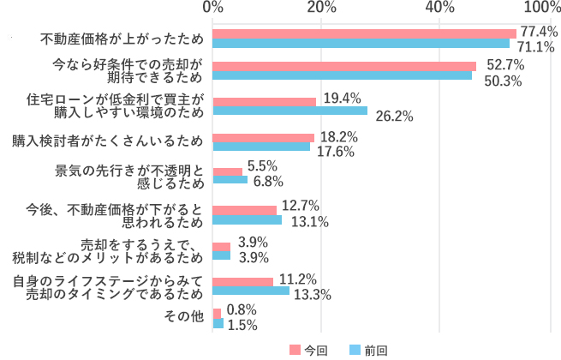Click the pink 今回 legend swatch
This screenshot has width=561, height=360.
pos(295,350)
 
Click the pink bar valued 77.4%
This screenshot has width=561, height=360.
pos(364,33)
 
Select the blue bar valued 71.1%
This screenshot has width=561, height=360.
pos(361,43)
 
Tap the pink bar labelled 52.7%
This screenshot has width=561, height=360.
pos(344,66)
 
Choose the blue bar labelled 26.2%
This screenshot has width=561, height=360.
pos(289,111)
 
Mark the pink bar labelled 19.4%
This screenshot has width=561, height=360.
pos(264,101)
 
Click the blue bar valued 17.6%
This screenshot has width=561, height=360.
pos(261,146)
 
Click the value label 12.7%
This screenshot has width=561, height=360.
pos(299,206)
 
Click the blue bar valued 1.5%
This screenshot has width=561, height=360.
pos(218,323)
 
